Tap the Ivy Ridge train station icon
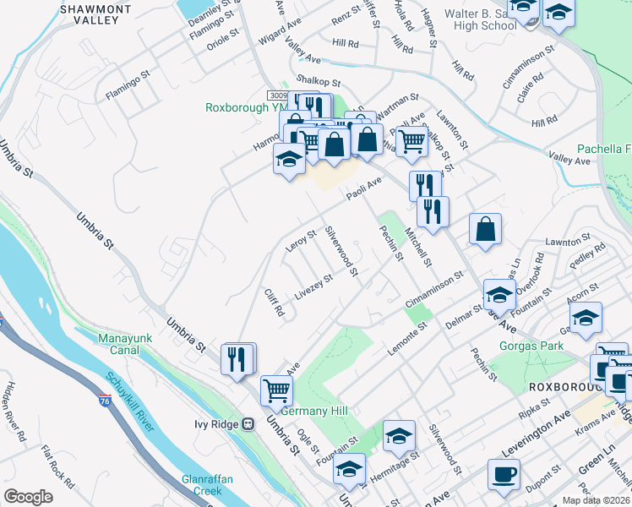pyautogui.click(x=248, y=424)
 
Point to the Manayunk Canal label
pyautogui.click(x=128, y=345)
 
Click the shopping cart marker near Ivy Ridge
pyautogui.click(x=276, y=390)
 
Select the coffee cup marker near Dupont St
pyautogui.click(x=504, y=475)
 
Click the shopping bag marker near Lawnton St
pyautogui.click(x=486, y=229)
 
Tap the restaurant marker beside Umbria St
pyautogui.click(x=238, y=358)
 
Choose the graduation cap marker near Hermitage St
pyautogui.click(x=399, y=436)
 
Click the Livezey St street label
pyautogui.click(x=314, y=289)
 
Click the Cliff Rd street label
pyautogui.click(x=273, y=302)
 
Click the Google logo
pyautogui.click(x=28, y=497)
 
